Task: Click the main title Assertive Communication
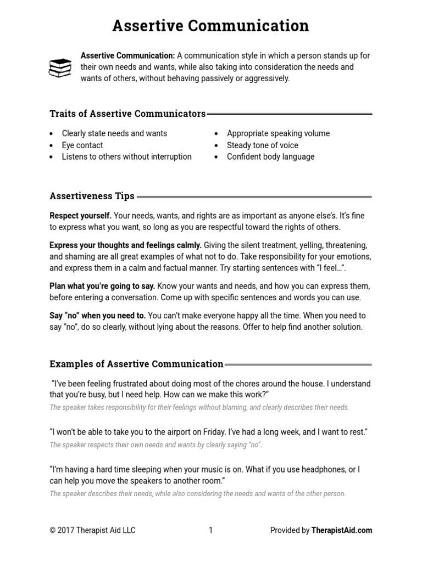(211, 25)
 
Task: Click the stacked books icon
(60, 68)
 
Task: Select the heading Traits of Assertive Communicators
(127, 114)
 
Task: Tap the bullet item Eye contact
(82, 145)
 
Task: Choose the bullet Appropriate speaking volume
(278, 133)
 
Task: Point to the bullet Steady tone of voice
(263, 145)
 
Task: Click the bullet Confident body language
(271, 156)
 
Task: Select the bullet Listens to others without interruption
(126, 156)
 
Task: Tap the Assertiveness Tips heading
(92, 196)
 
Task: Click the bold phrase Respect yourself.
(81, 216)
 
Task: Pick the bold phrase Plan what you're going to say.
(103, 286)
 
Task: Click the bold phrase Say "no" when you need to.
(98, 316)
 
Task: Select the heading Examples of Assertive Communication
(136, 363)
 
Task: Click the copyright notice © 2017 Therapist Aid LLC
(92, 530)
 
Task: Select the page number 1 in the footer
(210, 530)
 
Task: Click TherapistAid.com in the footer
(342, 530)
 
